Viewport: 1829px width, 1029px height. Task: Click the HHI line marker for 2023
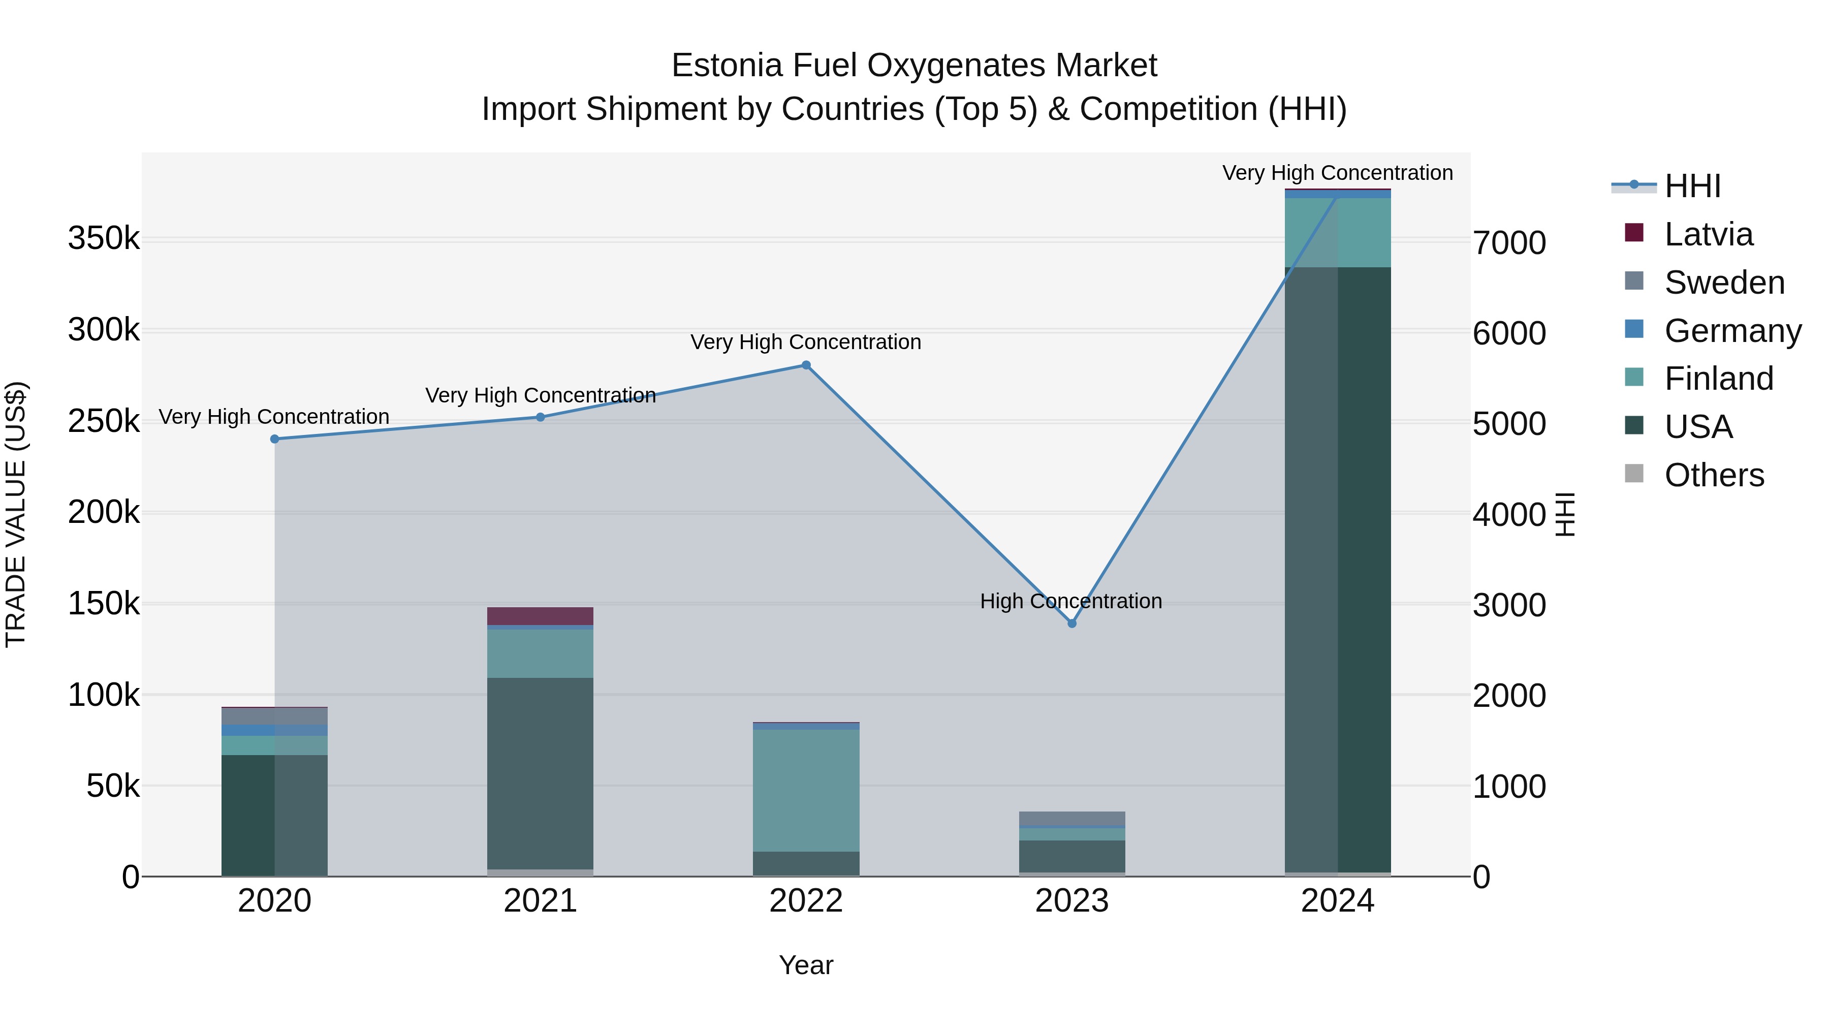coord(1071,623)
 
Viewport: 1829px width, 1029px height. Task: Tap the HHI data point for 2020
coord(275,439)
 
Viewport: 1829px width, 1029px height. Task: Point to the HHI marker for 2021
coord(541,417)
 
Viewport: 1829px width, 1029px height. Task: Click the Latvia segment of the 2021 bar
coord(541,616)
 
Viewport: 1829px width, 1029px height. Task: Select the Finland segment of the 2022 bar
coord(806,790)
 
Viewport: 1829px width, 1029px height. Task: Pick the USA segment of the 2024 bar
coord(1338,568)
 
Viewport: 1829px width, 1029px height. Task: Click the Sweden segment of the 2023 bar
coord(1071,818)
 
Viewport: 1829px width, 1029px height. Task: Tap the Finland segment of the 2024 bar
coord(1338,232)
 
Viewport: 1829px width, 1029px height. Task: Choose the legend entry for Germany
coord(1732,331)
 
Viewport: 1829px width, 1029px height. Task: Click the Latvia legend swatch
coord(1634,233)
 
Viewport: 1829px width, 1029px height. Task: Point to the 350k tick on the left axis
coord(104,239)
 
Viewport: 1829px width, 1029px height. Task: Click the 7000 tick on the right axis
coord(1509,243)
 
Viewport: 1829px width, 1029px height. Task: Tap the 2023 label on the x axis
coord(1071,901)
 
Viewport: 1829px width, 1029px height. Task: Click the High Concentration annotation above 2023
coord(1070,602)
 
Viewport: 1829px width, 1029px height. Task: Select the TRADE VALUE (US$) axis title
coord(16,514)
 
